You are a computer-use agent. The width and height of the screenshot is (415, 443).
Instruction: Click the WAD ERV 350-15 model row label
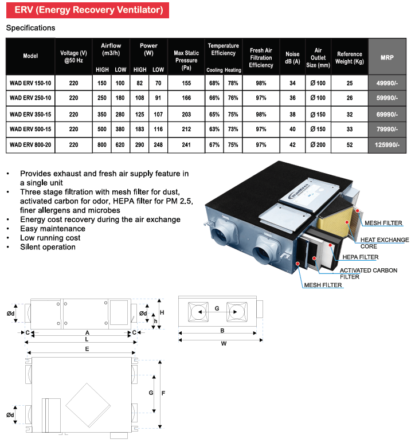coord(30,114)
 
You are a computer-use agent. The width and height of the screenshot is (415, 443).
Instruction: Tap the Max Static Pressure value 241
coord(186,145)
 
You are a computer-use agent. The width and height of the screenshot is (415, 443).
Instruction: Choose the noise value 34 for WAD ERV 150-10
coord(292,83)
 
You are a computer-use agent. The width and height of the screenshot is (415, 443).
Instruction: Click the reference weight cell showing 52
coord(350,145)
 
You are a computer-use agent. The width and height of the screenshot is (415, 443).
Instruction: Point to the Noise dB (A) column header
coord(292,57)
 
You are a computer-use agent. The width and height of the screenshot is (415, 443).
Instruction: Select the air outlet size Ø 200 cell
coord(318,145)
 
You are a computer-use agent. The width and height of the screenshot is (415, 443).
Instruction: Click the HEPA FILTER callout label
coord(361,257)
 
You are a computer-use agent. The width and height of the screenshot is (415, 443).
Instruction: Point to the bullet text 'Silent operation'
coord(48,247)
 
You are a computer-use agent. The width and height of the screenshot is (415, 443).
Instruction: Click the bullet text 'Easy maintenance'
coord(52,229)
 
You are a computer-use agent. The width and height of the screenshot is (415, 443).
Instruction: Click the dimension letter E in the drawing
coord(87,348)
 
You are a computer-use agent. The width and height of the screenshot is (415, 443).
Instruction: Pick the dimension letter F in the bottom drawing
coord(164,393)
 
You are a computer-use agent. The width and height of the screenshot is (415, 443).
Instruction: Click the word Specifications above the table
coord(30,28)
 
